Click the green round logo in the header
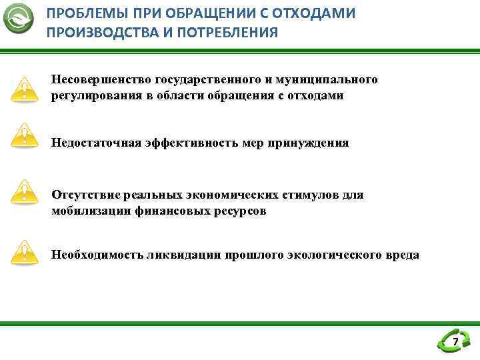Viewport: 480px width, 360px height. [19, 19]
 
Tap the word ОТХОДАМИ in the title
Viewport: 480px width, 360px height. [321, 13]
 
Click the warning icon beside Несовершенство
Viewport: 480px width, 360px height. [25, 89]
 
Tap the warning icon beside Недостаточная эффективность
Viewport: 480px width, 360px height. [25, 135]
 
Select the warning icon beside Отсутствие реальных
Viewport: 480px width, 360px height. [25, 192]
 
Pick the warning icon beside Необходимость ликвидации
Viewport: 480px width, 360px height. [25, 252]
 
